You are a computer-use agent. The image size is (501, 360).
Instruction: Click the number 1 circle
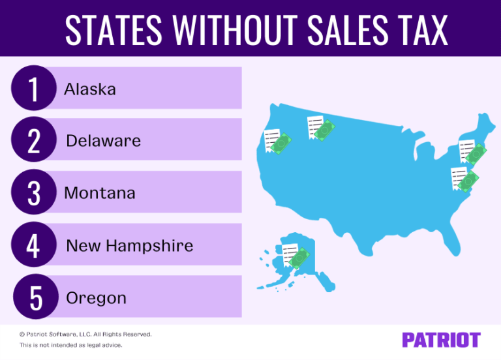[33, 89]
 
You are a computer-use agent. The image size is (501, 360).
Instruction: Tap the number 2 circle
[33, 141]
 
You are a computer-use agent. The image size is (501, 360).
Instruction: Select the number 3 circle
[33, 193]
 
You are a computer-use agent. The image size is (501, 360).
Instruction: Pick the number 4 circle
[33, 245]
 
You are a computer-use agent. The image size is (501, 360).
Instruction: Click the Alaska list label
[90, 89]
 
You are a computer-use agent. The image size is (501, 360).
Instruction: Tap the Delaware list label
[103, 141]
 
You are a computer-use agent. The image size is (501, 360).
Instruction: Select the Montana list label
[100, 193]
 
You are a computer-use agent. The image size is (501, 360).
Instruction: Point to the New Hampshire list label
[129, 246]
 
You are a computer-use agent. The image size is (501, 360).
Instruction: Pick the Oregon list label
[96, 299]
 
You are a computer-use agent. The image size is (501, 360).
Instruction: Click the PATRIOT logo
[441, 340]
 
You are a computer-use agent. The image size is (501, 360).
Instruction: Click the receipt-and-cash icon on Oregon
[277, 140]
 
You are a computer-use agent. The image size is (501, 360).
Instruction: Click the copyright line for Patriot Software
[85, 334]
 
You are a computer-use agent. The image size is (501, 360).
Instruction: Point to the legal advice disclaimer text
[70, 345]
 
